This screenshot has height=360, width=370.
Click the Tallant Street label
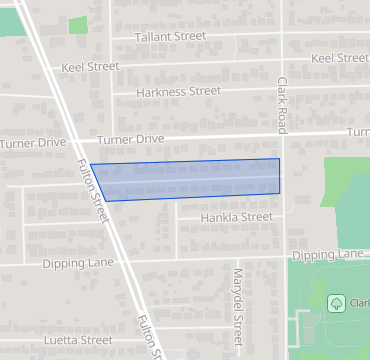(170, 36)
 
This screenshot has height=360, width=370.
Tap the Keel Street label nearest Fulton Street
(90, 66)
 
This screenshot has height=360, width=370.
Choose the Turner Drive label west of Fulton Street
(33, 143)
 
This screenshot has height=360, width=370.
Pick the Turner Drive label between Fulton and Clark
(129, 138)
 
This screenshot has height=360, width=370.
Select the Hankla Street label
(236, 217)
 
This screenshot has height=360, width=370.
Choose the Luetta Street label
(80, 340)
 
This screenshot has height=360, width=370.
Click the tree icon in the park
(337, 302)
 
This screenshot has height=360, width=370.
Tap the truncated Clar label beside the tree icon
(358, 302)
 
